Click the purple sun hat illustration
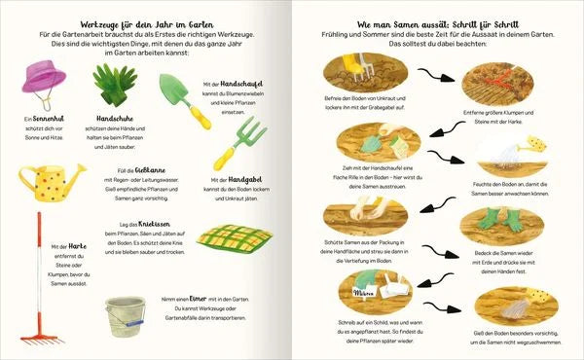(45, 82)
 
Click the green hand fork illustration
(236, 143)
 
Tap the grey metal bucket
(126, 316)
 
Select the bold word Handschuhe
(116, 120)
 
